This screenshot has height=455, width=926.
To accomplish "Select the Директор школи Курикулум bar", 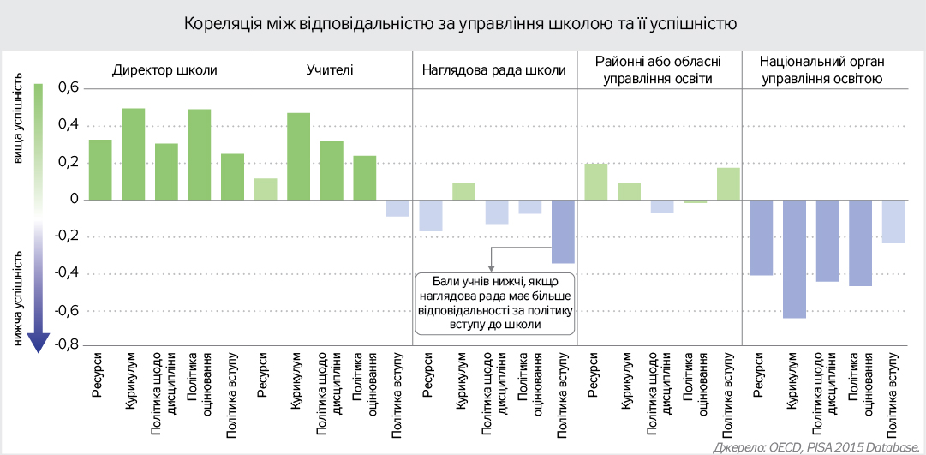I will pyautogui.click(x=133, y=154).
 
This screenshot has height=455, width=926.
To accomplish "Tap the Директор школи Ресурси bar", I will pyautogui.click(x=100, y=170).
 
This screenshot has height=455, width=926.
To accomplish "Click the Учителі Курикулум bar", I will pyautogui.click(x=298, y=156).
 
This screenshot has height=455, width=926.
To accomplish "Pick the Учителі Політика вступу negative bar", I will pyautogui.click(x=397, y=208).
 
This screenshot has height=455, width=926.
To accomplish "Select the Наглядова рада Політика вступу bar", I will pyautogui.click(x=563, y=231).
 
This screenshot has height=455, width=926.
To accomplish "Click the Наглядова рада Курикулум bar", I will pyautogui.click(x=463, y=191).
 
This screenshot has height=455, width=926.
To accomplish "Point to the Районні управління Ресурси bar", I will pyautogui.click(x=596, y=182).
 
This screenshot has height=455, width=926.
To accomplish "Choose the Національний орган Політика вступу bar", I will pyautogui.click(x=893, y=221).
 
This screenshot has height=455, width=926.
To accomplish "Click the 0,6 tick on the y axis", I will pyautogui.click(x=69, y=88).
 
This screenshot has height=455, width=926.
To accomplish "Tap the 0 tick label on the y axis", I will pyautogui.click(x=75, y=199).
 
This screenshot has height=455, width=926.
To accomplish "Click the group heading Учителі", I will pyautogui.click(x=330, y=70).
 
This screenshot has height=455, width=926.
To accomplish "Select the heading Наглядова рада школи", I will pyautogui.click(x=494, y=70).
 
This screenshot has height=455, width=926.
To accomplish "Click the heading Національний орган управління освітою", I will pyautogui.click(x=821, y=70).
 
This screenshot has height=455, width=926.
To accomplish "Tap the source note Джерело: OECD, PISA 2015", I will pyautogui.click(x=814, y=446).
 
